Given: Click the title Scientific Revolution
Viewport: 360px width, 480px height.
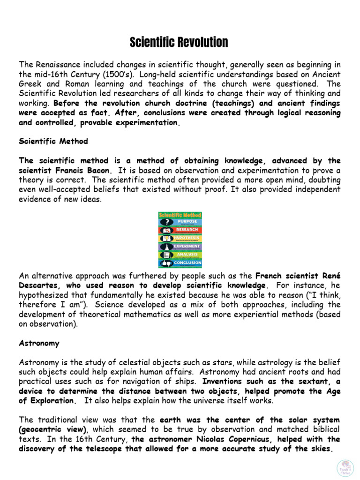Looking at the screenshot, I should click(179, 43).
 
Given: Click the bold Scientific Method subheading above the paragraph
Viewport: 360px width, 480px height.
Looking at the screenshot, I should click(53, 141).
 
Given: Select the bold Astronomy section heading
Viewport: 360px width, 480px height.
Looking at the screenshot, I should click(39, 343).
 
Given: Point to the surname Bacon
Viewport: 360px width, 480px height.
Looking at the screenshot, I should click(98, 170).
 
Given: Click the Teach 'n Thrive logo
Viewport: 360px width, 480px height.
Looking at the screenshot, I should click(345, 468).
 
